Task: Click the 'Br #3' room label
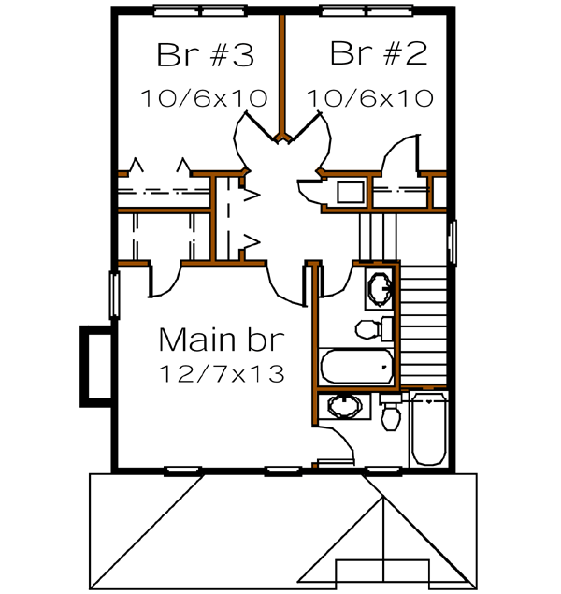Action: pos(205,55)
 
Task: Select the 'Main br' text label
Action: pos(221,338)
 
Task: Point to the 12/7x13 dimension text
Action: pos(222,372)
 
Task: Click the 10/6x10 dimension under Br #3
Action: pos(205,96)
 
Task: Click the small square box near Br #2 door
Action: pos(351,194)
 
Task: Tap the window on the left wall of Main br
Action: pos(115,294)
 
